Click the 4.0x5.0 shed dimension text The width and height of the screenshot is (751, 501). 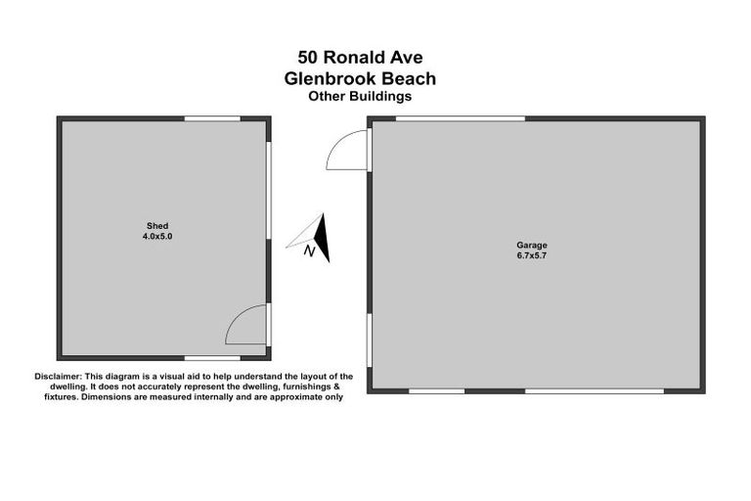click(x=164, y=237)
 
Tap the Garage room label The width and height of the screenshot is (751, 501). click(x=532, y=245)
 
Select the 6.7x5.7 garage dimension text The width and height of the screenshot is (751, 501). click(x=532, y=255)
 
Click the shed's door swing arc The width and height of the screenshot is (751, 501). click(x=245, y=325)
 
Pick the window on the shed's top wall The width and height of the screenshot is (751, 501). click(x=212, y=118)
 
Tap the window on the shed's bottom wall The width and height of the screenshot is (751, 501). click(x=212, y=357)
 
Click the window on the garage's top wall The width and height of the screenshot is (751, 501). click(x=461, y=118)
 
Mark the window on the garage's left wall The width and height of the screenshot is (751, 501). click(x=369, y=342)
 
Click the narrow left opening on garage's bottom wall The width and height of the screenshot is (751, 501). click(x=436, y=390)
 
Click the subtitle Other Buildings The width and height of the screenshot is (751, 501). click(x=359, y=96)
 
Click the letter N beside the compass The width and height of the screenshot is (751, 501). click(x=309, y=252)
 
